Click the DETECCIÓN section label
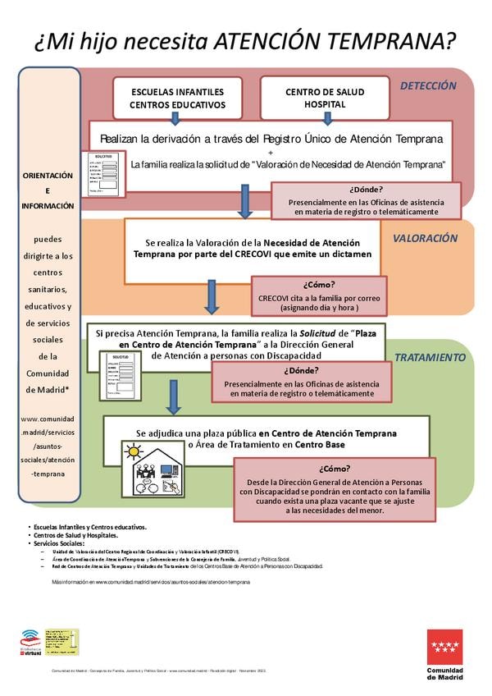[427, 85]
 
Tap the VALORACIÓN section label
[425, 238]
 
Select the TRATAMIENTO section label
[430, 358]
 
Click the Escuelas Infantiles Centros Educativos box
[177, 98]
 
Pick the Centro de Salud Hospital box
[325, 98]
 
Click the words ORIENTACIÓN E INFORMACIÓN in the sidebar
[48, 190]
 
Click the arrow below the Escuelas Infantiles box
[175, 118]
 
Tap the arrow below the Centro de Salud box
[327, 118]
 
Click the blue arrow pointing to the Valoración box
[244, 201]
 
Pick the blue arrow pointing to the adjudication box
[173, 397]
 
